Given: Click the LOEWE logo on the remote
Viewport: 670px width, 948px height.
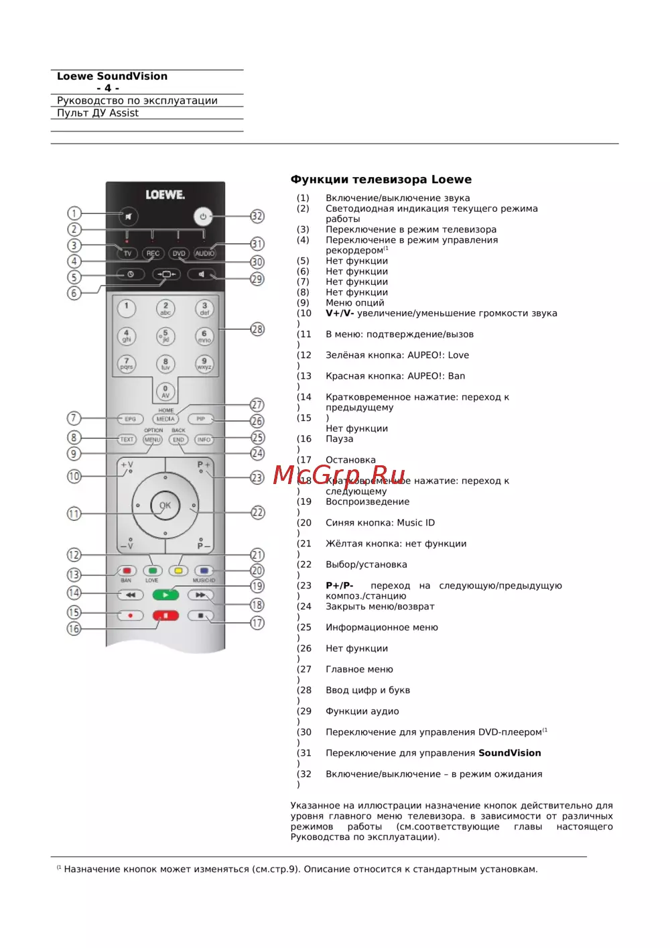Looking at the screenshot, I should [165, 194].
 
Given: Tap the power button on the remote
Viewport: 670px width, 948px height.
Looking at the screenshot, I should [203, 217].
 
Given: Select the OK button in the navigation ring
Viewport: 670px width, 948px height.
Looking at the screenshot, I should [165, 506].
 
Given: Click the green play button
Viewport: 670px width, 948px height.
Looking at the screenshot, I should [165, 595].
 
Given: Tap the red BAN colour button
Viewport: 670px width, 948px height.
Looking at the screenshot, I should [126, 571].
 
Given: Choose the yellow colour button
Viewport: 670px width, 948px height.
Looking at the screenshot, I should [178, 571].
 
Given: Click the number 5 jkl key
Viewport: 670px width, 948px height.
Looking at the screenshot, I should [165, 336].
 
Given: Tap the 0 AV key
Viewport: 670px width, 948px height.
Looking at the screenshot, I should [165, 392].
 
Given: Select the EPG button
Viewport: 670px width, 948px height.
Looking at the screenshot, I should [130, 419].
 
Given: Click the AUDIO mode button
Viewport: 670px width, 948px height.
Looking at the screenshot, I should [205, 253].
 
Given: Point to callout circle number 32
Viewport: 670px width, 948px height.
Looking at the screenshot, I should [257, 216].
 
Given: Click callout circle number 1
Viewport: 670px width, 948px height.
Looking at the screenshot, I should [74, 213].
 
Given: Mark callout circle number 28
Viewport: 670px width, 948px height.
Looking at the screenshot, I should [257, 329].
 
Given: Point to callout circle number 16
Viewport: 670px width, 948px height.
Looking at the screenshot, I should [74, 628].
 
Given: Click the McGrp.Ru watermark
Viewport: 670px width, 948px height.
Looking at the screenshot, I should [339, 475].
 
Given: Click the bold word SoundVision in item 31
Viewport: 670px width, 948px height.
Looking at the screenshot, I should [509, 753].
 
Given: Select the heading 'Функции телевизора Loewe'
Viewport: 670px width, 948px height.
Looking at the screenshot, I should [381, 179].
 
